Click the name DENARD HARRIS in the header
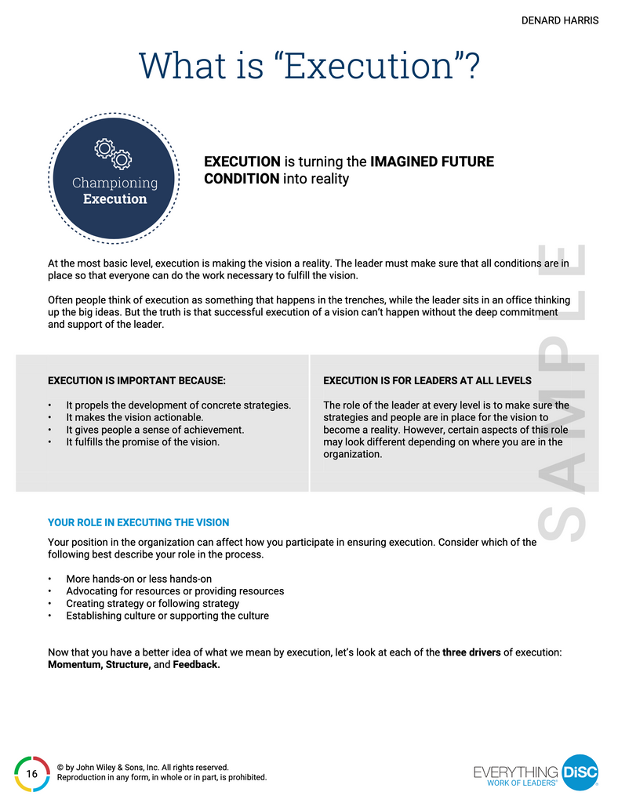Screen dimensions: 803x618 pos(559,20)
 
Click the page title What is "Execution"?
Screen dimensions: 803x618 pos(309,66)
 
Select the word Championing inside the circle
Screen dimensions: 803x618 pos(115,183)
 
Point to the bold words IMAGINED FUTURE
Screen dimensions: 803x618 pos(432,162)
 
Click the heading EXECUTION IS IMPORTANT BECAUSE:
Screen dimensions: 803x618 pos(137,380)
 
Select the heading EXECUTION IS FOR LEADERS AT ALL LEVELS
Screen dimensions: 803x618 pos(427,380)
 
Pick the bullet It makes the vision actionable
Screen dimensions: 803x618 pos(134,417)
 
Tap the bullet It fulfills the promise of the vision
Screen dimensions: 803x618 pos(142,441)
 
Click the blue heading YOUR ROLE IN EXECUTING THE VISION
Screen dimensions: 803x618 pos(139,522)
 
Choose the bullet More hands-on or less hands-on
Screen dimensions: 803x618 pos(139,579)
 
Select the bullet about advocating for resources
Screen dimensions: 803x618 pos(175,590)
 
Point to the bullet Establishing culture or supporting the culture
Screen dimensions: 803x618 pos(167,616)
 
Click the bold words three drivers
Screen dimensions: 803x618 pos(471,652)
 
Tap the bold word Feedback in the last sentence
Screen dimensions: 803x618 pos(196,664)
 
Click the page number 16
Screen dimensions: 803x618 pos(32,774)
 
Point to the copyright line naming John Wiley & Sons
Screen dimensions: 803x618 pos(143,767)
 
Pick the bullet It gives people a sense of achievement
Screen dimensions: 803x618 pos(154,430)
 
